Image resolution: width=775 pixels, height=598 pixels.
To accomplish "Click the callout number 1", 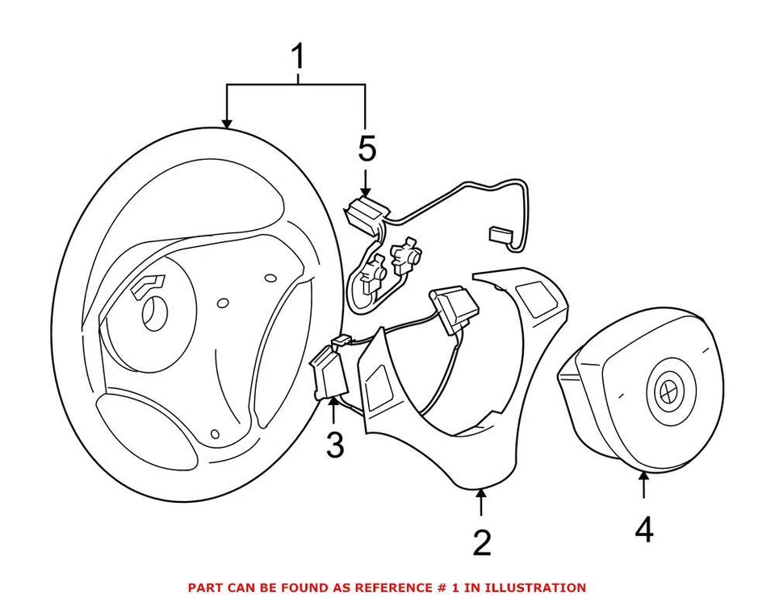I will tap(299, 57).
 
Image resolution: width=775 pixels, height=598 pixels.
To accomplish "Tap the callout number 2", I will tap(481, 543).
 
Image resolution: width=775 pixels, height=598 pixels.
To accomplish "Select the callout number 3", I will tap(334, 445).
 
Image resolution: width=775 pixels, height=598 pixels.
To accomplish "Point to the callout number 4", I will tap(643, 529).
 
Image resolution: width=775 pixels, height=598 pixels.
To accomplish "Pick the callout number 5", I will tap(367, 148).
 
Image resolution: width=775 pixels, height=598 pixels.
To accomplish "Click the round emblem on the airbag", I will tap(669, 391).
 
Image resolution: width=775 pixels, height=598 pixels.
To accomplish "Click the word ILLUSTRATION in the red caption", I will tap(534, 588).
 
